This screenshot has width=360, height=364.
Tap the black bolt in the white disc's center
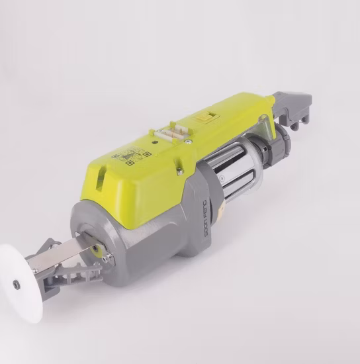coord(17,285)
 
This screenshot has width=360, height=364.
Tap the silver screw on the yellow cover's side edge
coord(179,171)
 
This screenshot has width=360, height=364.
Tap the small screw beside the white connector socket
coord(189,141)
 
